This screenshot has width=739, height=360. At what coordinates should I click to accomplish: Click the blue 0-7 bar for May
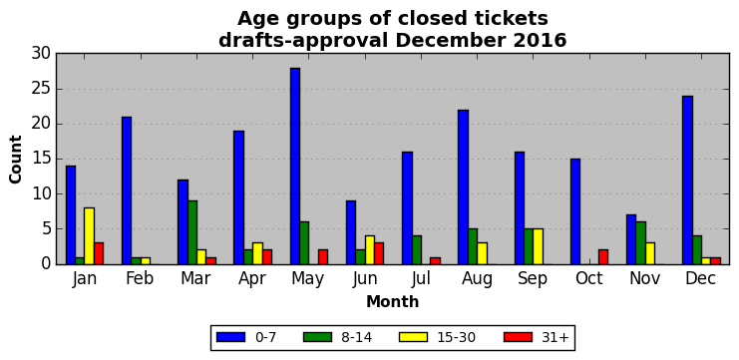pos(295,166)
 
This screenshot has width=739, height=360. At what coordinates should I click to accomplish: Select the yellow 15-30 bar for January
pos(89,236)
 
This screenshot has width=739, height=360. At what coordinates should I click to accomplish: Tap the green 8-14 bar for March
pos(192,232)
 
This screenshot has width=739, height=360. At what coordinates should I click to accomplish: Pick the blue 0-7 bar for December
pos(687,180)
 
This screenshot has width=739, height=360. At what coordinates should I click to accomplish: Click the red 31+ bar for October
pos(603,257)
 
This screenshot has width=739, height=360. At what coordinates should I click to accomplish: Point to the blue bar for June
pos(351,232)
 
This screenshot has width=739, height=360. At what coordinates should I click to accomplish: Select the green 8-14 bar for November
pos(641,243)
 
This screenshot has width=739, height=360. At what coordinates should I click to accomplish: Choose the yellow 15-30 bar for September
pos(538,246)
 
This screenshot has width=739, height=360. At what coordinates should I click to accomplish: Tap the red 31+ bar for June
pos(379,253)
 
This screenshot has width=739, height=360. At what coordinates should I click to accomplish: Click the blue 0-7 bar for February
pos(127,190)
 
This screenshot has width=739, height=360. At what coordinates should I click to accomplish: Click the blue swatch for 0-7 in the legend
pos(231,337)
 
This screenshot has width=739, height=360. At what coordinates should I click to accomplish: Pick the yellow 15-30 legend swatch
pos(413,337)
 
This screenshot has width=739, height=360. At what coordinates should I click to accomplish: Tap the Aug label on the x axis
pos(477,279)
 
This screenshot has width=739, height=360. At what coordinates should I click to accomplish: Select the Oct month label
pos(588,279)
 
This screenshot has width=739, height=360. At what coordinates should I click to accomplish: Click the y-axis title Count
pos(16,160)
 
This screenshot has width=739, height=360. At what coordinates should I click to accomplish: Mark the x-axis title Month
pos(393,301)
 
